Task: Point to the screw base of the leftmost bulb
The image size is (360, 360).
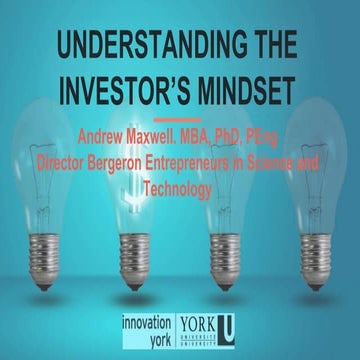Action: tap(45, 262)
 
